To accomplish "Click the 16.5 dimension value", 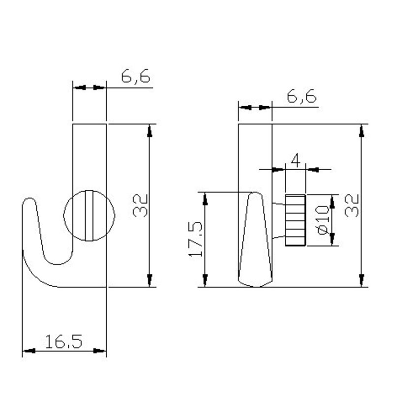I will tap(64, 341).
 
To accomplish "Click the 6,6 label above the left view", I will tap(135, 77).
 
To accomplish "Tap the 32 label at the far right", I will tap(352, 206).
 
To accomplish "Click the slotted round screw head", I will tap(89, 216).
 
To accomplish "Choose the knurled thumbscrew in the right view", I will tap(295, 220).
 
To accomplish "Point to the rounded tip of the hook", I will tap(29, 202).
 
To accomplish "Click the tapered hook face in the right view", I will tap(255, 241).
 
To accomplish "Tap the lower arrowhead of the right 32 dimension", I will tap(362, 280).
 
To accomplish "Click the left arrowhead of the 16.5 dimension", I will tap(29, 351).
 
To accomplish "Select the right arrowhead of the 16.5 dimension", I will tap(100, 351).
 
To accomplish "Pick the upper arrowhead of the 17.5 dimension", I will tap(204, 198).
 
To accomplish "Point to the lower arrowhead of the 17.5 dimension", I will tap(204, 280).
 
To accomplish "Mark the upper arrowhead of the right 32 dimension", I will tap(362, 131).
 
